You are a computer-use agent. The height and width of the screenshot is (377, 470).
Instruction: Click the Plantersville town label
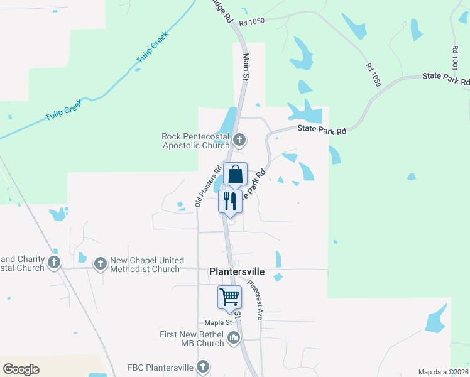pos(236,272)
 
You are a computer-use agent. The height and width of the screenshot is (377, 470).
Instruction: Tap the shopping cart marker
pos(229,296)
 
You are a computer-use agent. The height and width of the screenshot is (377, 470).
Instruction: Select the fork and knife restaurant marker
pos(229,201)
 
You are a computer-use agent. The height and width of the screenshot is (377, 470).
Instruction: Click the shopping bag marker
pos(234,174)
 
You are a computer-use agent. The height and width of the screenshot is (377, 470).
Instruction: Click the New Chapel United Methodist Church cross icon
pos(100,265)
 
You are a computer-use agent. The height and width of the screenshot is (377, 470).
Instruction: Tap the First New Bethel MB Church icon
pos(234,339)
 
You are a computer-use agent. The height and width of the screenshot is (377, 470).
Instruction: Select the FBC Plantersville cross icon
pos(203,366)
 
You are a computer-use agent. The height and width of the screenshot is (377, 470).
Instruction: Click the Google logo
pos(21,369)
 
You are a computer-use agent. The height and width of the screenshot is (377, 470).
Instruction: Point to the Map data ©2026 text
pos(444,371)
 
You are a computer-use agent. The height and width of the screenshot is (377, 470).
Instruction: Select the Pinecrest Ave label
pos(258,300)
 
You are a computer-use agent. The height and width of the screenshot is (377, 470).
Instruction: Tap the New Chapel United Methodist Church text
pos(147,265)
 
